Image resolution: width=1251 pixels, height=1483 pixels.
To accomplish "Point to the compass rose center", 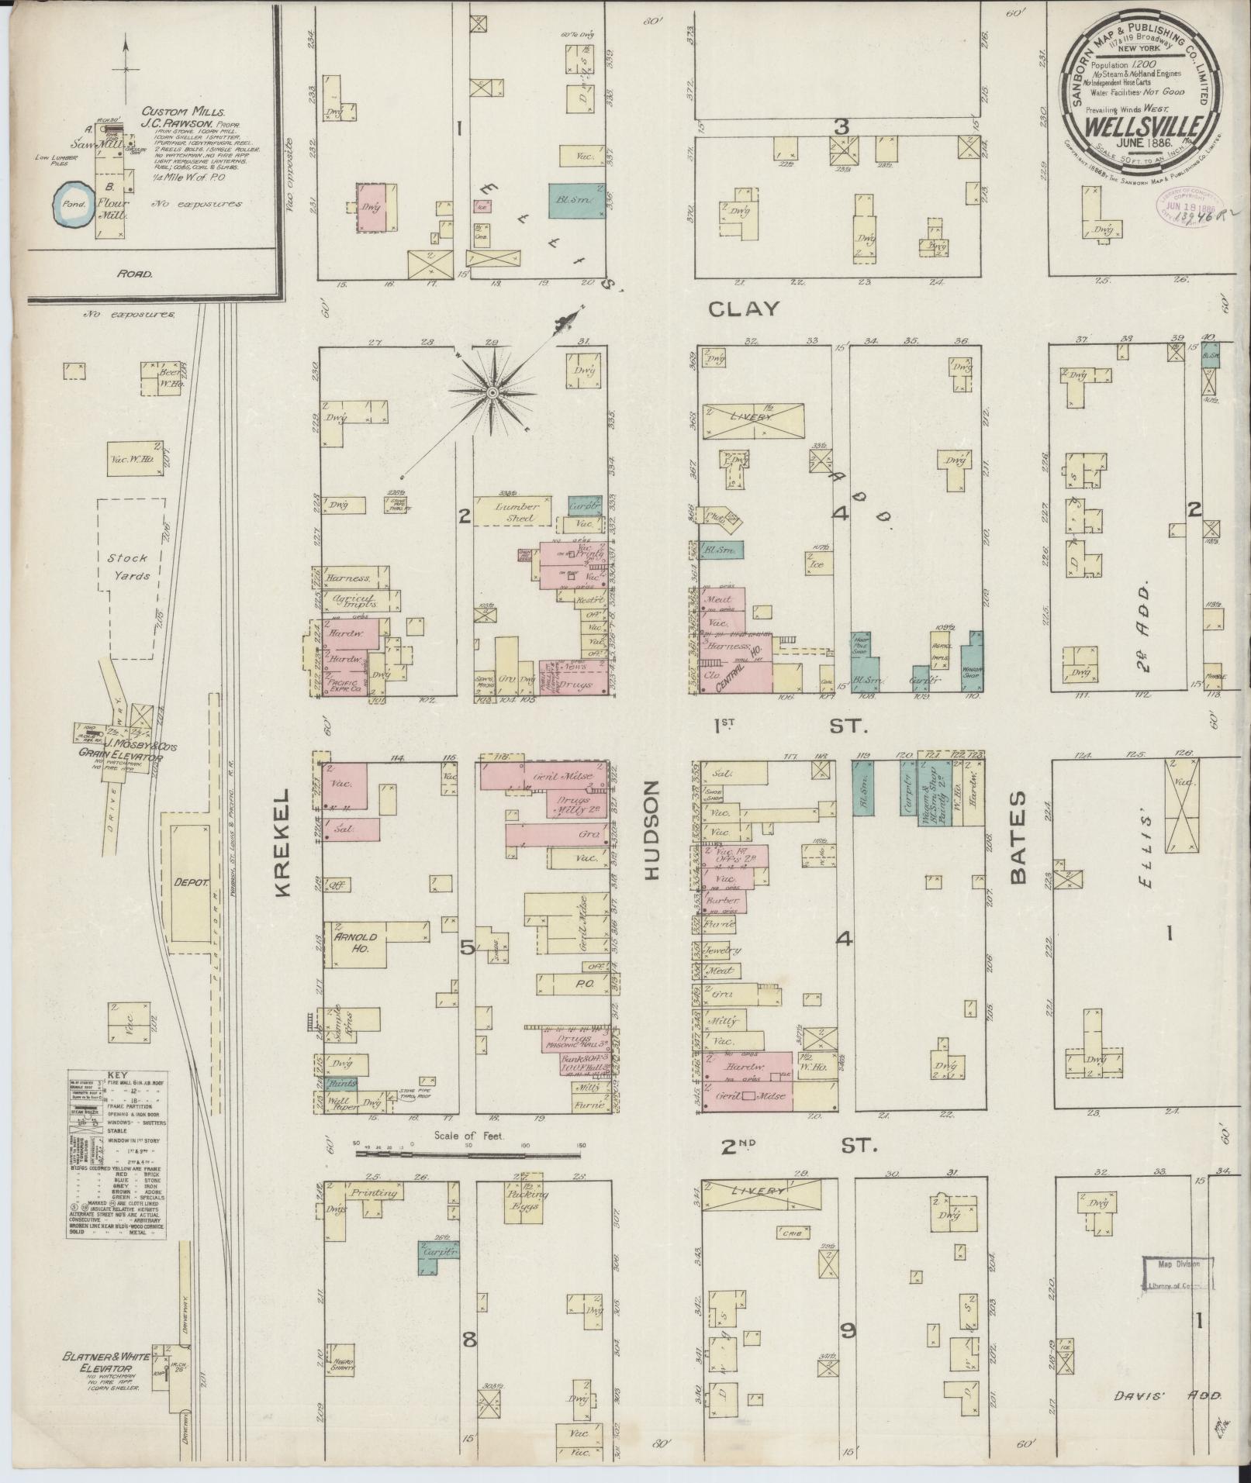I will [492, 395].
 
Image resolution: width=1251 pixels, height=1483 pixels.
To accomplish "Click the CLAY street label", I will [744, 309].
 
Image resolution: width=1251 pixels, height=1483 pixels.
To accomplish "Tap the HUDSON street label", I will [650, 830].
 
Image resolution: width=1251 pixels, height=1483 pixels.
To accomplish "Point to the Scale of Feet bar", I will [468, 1154].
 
